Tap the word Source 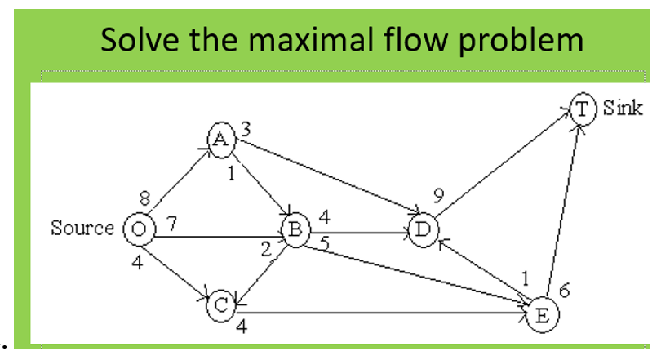(82, 228)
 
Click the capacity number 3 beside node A (245, 127)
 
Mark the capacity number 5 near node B (325, 242)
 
